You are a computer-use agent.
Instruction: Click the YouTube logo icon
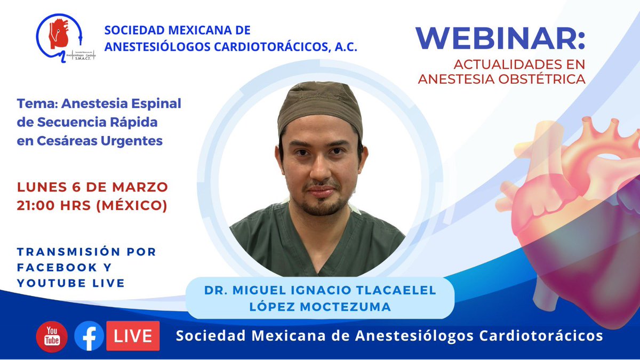[x=52, y=337]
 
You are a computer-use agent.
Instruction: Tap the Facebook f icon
[x=89, y=336]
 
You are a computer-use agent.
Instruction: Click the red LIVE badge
[x=133, y=336]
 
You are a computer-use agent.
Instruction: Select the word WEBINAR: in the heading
[x=500, y=38]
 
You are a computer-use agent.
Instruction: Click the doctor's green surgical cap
[x=320, y=105]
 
